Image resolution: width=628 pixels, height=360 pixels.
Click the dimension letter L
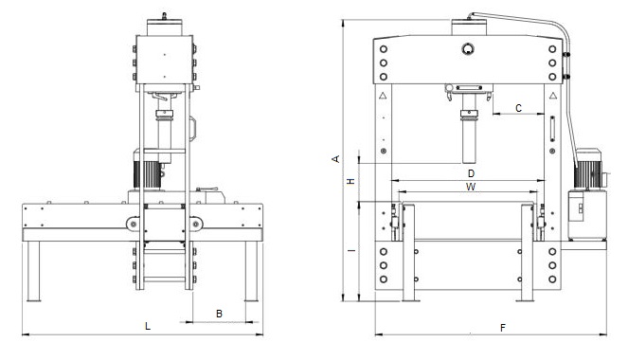pyautogui.click(x=148, y=326)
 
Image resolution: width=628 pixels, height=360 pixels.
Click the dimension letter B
pyautogui.click(x=219, y=314)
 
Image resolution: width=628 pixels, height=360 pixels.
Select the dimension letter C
pyautogui.click(x=519, y=108)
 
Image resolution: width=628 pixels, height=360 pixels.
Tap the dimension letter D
pyautogui.click(x=471, y=173)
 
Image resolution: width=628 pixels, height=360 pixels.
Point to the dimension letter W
pyautogui.click(x=471, y=187)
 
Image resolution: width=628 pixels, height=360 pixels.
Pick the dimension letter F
pyautogui.click(x=503, y=328)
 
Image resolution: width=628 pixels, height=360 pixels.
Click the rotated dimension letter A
pyautogui.click(x=336, y=159)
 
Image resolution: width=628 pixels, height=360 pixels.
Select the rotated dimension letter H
pyautogui.click(x=350, y=181)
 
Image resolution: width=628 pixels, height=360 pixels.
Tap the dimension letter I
pyautogui.click(x=351, y=251)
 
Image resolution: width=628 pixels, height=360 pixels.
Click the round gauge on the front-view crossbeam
pyautogui.click(x=468, y=49)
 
